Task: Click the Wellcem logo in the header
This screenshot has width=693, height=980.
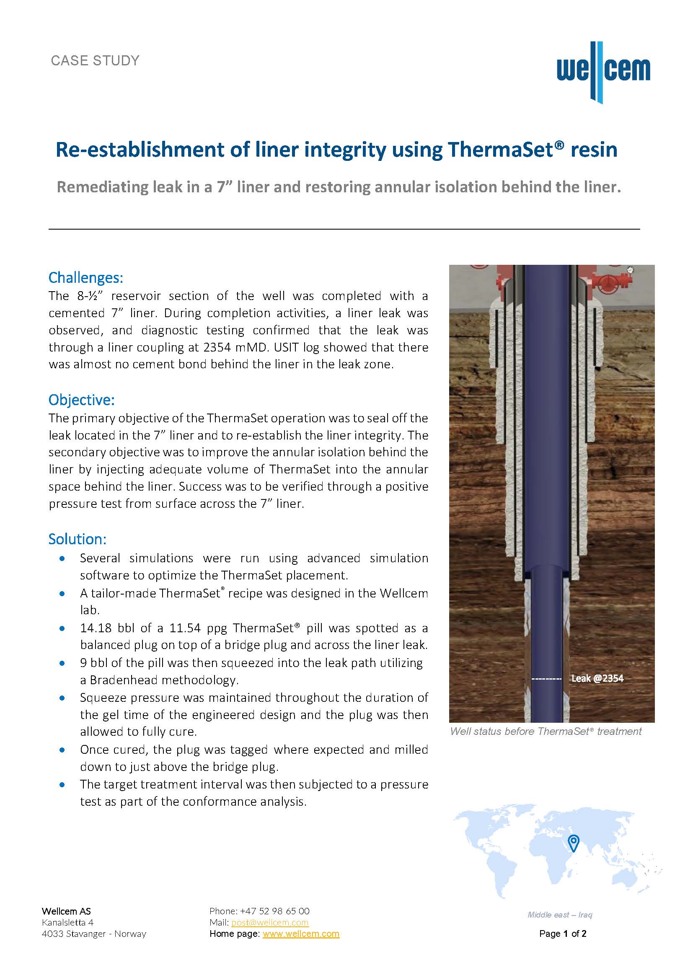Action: click(603, 72)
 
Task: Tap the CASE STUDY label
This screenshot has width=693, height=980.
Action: click(95, 61)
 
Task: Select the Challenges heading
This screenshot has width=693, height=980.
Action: click(86, 277)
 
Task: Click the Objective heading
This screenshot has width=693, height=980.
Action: click(82, 400)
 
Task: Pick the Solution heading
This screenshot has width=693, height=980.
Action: click(77, 539)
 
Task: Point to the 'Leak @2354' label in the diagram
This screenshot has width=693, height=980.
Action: click(597, 678)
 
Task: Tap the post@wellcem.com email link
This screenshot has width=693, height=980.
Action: click(270, 922)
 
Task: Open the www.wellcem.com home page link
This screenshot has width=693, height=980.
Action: click(301, 933)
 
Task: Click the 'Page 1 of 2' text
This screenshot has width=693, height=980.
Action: click(562, 933)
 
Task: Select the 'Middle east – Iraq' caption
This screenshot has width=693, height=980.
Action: click(560, 915)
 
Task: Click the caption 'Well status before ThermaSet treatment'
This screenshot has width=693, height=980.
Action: click(546, 732)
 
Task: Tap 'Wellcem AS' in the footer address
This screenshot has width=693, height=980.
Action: click(66, 911)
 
